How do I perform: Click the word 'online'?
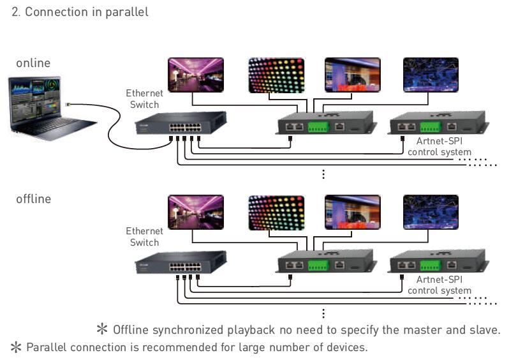pos(33,63)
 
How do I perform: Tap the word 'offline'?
pos(33,199)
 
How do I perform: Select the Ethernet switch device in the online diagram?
pos(181,123)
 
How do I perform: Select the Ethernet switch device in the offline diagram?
pos(181,262)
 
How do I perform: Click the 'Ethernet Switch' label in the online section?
pos(144,99)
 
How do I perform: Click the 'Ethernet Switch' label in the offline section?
pos(144,237)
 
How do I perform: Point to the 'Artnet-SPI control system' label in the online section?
pos(440,147)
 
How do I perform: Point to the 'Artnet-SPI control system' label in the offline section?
pos(440,285)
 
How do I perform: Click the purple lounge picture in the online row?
pos(196,75)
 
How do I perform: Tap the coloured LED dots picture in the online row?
pos(277,75)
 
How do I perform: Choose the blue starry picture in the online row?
pos(431,75)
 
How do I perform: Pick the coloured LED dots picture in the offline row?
pos(277,213)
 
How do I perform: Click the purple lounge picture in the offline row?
pos(196,213)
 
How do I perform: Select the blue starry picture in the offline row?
pos(431,212)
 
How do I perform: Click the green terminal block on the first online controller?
pos(318,127)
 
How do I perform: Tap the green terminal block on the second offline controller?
pos(430,266)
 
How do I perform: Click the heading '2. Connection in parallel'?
pos(80,12)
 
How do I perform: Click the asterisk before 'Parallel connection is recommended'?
pos(16,347)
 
